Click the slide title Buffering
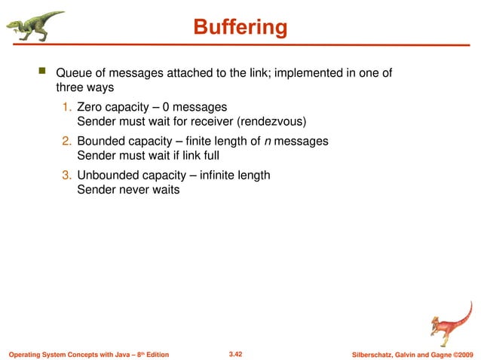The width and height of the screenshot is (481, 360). [240, 28]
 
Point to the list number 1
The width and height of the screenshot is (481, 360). [66, 108]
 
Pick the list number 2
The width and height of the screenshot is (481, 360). [66, 142]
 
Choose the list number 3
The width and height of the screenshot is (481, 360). [66, 175]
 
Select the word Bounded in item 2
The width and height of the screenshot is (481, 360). [102, 142]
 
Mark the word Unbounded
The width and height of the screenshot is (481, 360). [109, 175]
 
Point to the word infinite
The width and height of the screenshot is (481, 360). [215, 175]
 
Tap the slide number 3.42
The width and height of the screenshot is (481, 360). [240, 353]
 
